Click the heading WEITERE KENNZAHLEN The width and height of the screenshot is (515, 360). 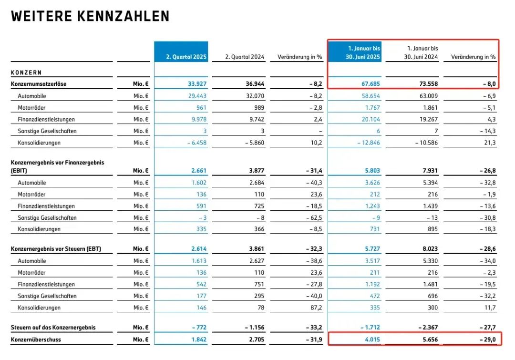click(90, 17)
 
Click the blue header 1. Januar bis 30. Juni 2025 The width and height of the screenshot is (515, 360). click(364, 53)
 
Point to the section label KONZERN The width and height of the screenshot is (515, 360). click(26, 72)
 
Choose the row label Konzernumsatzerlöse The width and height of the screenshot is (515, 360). click(39, 84)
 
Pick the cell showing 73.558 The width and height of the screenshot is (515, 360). click(425, 84)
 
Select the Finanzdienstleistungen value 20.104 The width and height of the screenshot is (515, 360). click(370, 119)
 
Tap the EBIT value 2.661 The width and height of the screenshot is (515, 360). click(198, 170)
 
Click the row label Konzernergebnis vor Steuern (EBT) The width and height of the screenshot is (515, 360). click(56, 249)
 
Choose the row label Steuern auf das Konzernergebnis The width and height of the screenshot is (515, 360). click(53, 328)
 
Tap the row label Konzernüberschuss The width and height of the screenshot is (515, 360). click(36, 340)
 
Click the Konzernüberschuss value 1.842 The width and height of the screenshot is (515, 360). click(198, 340)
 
